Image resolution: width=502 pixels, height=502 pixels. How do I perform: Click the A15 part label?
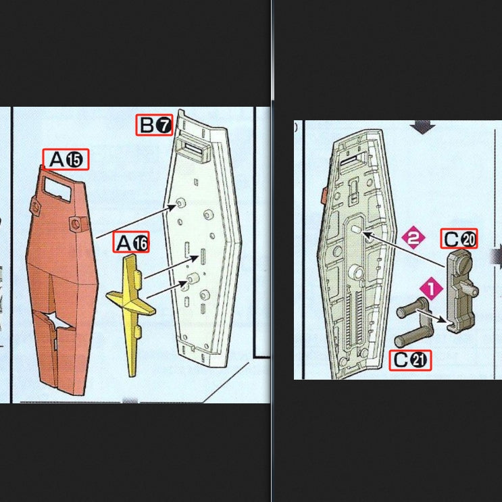[x=66, y=159]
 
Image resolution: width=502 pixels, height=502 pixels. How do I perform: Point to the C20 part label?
[x=459, y=239]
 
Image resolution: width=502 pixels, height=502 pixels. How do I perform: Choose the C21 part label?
[x=410, y=360]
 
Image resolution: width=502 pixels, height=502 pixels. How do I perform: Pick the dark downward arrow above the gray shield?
[x=423, y=126]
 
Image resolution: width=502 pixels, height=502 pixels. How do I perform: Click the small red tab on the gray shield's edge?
[x=323, y=197]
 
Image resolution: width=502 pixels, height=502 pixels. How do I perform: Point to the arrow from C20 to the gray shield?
[x=405, y=251]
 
